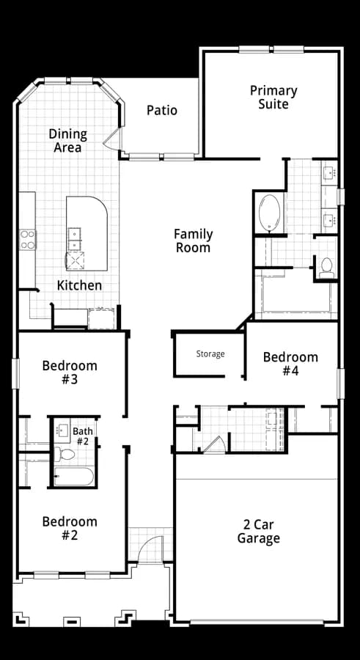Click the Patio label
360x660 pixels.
[x=162, y=110]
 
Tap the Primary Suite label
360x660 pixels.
[x=273, y=98]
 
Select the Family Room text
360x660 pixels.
[x=194, y=241]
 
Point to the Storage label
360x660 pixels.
[x=210, y=354]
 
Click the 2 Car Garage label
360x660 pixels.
[x=259, y=531]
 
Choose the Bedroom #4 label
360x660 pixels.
[x=290, y=364]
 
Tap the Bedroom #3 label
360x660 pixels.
[x=70, y=372]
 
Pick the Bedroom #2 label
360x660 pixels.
[x=70, y=528]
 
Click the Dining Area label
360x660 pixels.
[x=67, y=141]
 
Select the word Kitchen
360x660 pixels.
[x=79, y=285]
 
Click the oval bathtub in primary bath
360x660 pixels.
[x=269, y=213]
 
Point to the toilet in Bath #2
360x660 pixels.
[x=64, y=454]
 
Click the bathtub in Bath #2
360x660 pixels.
[x=73, y=477]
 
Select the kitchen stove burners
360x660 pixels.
[x=28, y=240]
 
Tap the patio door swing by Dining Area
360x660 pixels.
[x=111, y=139]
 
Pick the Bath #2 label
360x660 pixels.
[x=83, y=436]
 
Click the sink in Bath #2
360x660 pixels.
[x=62, y=430]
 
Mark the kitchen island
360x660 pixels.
[x=87, y=233]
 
